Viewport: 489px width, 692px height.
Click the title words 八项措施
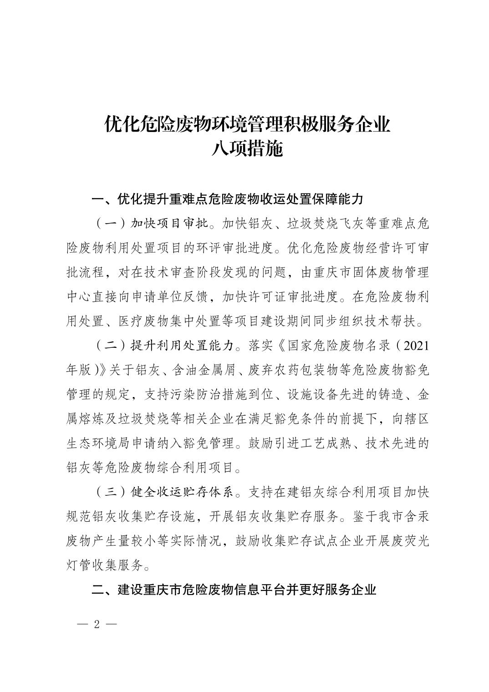247,149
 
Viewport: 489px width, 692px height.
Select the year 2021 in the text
416,346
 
